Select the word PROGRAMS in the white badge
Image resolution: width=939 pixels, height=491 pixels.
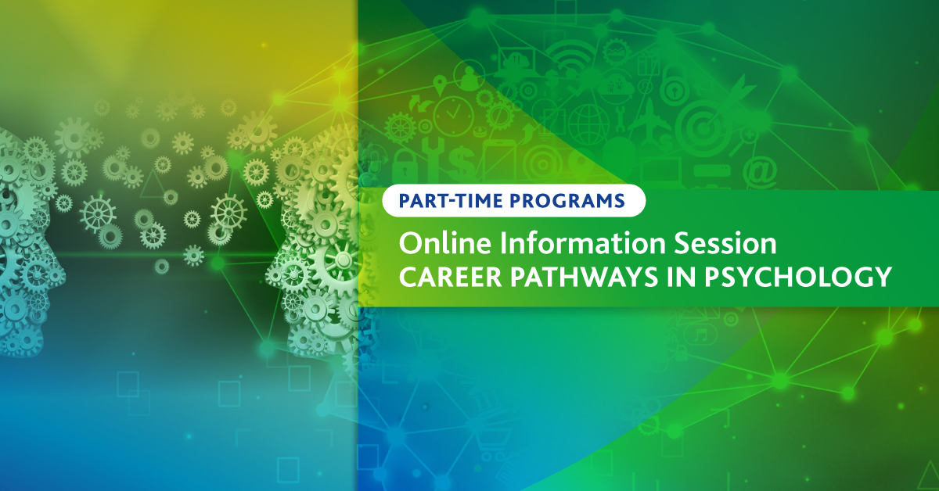(567, 201)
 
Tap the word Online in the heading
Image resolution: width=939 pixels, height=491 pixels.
(444, 243)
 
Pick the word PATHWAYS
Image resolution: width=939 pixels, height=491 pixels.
(584, 277)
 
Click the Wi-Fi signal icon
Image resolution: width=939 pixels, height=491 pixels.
(571, 56)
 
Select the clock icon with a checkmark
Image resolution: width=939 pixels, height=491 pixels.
(453, 116)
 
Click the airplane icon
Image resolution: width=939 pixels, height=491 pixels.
(648, 120)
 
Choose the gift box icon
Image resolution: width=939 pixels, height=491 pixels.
(648, 62)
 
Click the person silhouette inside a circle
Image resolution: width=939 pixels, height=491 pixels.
(469, 75)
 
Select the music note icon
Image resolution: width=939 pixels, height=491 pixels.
(700, 335)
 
